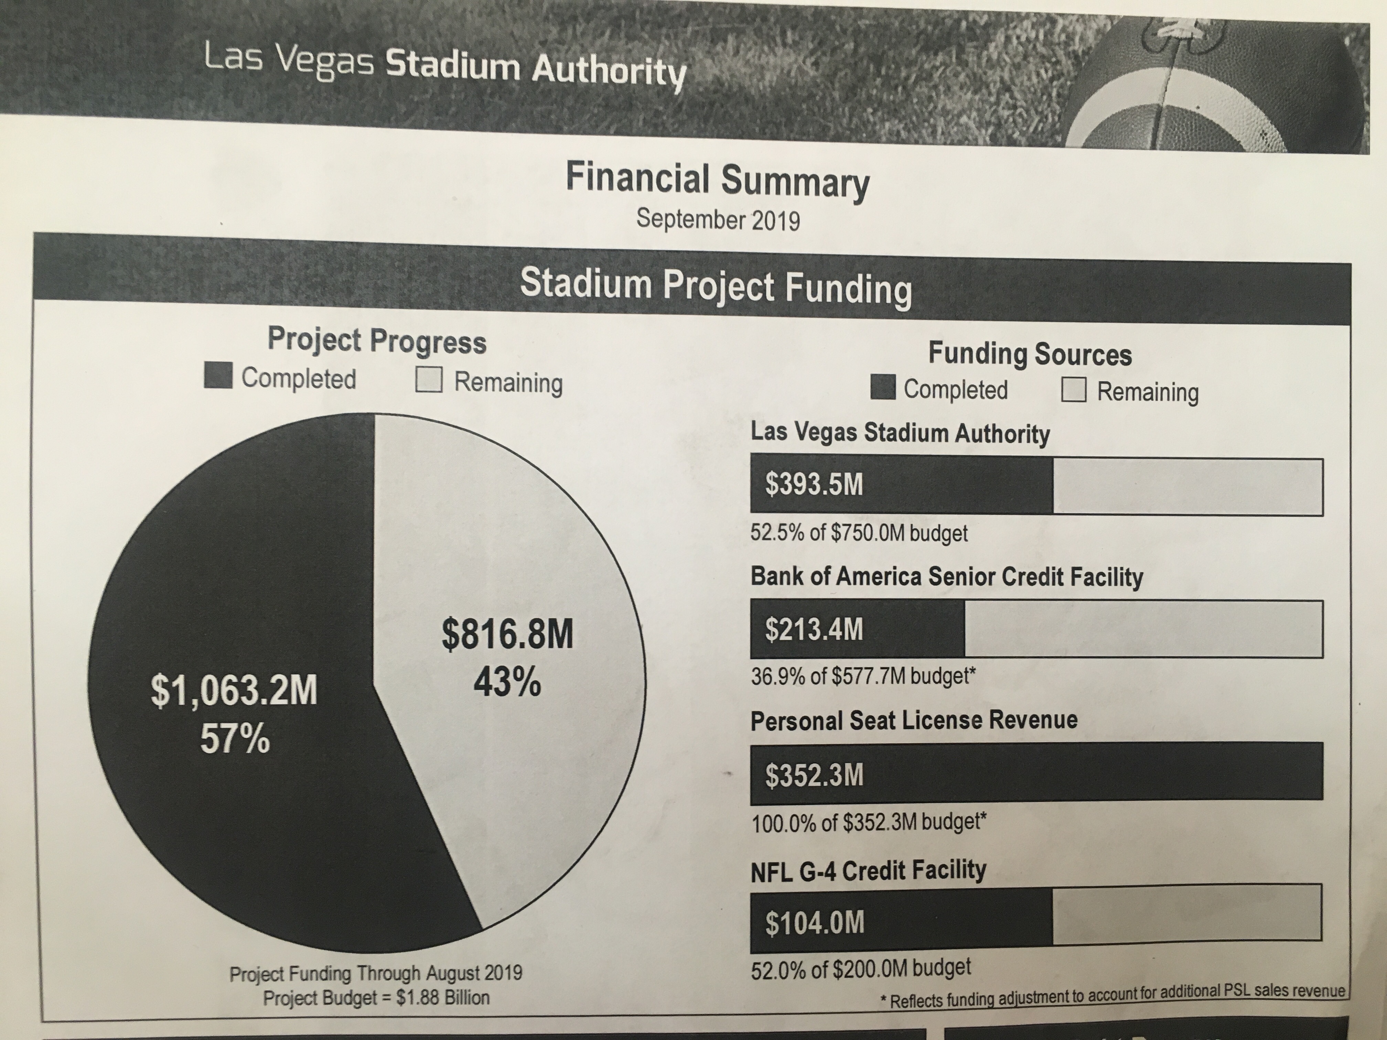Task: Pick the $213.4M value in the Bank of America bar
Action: [814, 629]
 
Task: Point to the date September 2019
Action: [718, 220]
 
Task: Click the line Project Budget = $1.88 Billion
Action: [376, 997]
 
